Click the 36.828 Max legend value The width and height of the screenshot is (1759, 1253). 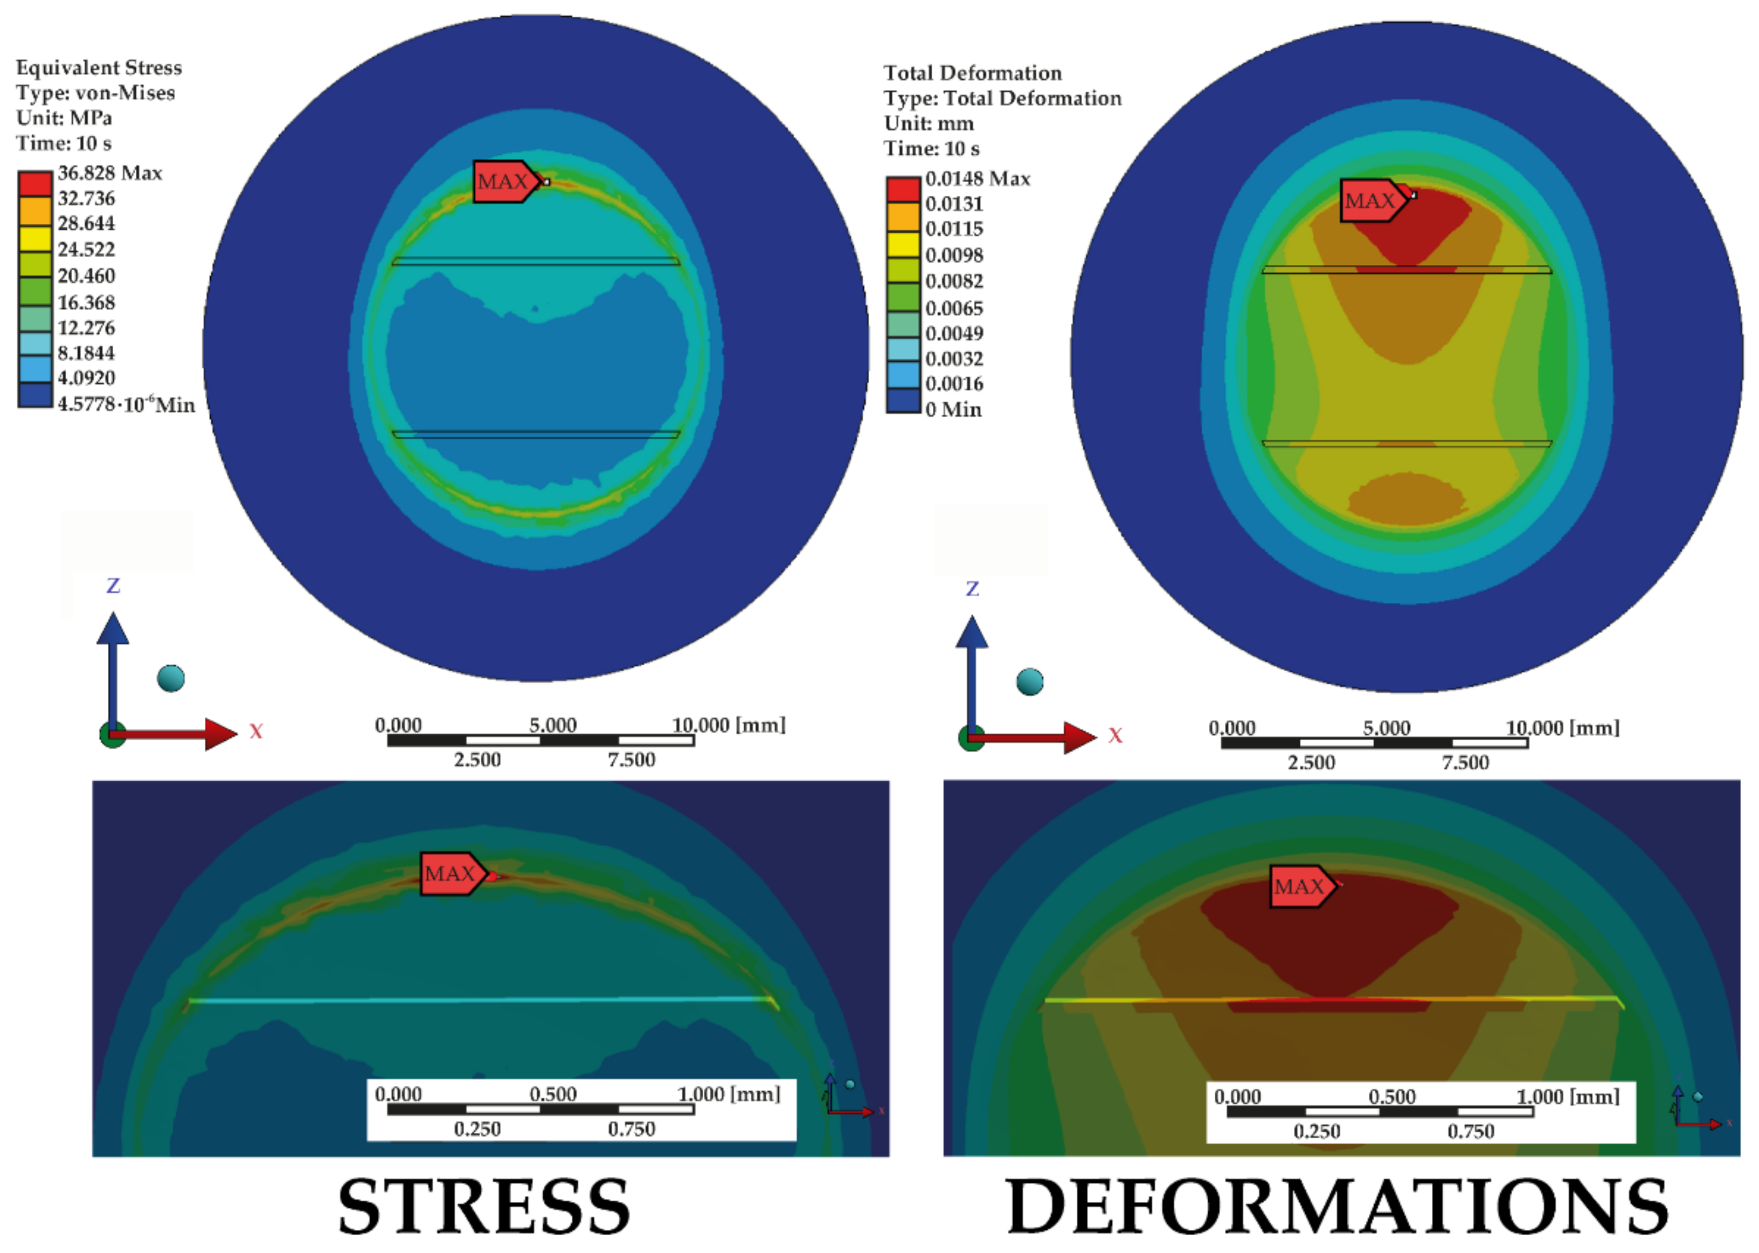point(109,173)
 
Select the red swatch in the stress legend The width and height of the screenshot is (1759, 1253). point(34,184)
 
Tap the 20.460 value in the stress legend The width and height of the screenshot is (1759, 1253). point(86,276)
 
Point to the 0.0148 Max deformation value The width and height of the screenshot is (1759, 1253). point(977,178)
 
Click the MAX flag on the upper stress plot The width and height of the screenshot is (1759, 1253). point(503,182)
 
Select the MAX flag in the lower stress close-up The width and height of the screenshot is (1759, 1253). point(451,873)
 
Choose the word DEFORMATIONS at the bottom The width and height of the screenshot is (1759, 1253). point(1337,1207)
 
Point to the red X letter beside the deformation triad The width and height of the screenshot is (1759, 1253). point(1115,735)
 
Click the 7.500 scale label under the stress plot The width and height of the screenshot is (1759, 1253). point(631,760)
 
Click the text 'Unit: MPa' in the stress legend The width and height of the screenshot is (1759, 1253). point(64,118)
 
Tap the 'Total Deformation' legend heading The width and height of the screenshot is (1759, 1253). point(972,73)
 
